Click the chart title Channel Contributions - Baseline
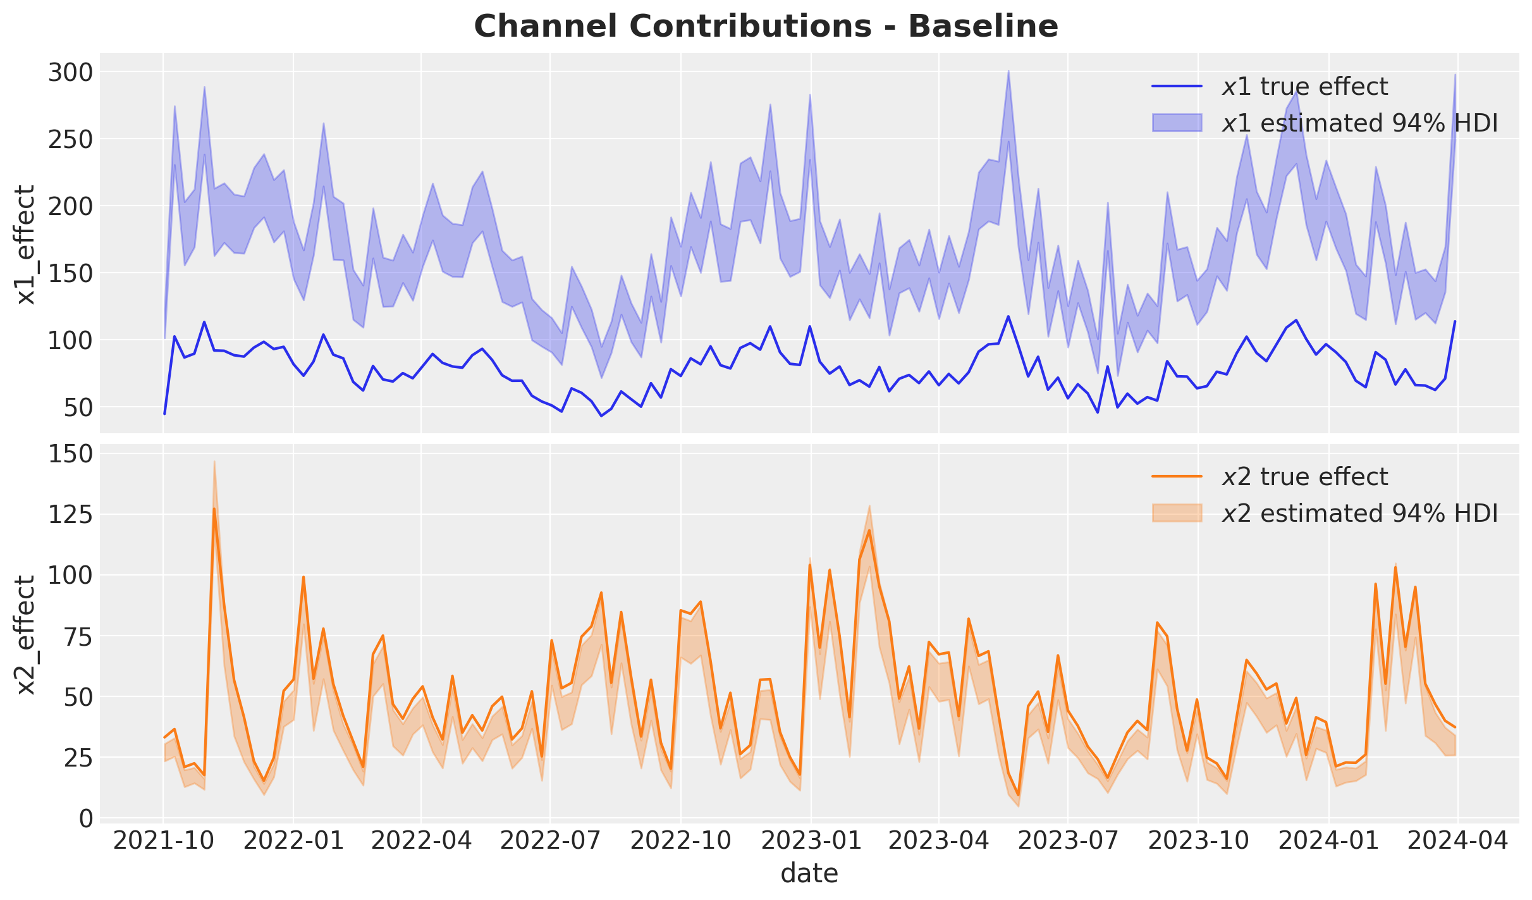[x=766, y=27]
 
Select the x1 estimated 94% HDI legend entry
[x=1325, y=123]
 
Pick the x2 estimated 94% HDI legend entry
[x=1325, y=513]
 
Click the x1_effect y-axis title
[x=26, y=244]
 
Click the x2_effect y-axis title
[x=26, y=634]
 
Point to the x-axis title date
[x=809, y=873]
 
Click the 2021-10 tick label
[x=163, y=841]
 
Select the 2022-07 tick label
[x=550, y=841]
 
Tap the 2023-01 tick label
[x=811, y=841]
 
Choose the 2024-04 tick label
[x=1457, y=841]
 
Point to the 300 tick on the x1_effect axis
[x=70, y=73]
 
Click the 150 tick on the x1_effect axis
[x=70, y=273]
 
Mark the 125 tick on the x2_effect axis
[x=70, y=515]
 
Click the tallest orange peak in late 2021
[x=214, y=508]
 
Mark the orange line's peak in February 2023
[x=869, y=530]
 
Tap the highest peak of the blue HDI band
[x=1008, y=71]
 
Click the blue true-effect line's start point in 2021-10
[x=164, y=414]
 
